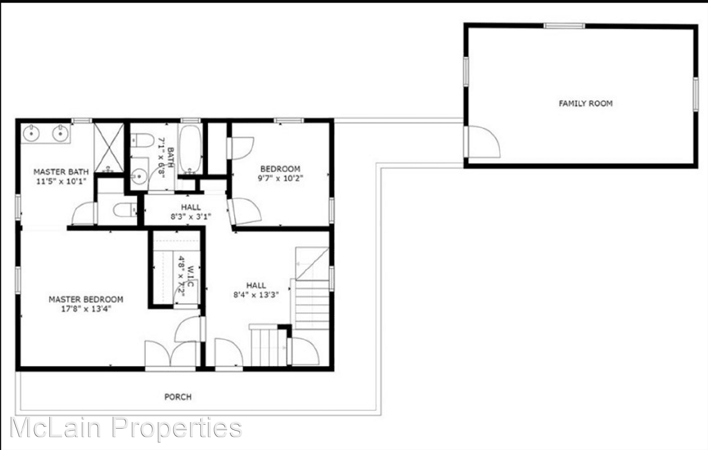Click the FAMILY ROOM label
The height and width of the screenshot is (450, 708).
(x=585, y=104)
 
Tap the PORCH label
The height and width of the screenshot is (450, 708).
(x=178, y=397)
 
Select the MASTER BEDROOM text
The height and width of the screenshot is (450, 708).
(x=86, y=299)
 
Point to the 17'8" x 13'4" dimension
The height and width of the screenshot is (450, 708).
(x=86, y=309)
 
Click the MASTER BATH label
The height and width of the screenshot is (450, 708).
(x=61, y=171)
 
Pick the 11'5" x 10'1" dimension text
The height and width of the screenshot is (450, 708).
(x=61, y=181)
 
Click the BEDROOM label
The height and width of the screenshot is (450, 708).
(x=280, y=169)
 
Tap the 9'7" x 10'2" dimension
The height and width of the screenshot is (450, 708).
(x=280, y=178)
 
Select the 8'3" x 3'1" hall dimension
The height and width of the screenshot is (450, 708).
(x=191, y=217)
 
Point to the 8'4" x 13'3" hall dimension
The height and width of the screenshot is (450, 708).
(x=256, y=295)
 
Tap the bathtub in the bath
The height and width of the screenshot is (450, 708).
(x=191, y=149)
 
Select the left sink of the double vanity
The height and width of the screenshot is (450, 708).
(x=31, y=132)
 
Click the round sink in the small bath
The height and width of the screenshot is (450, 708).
(x=139, y=176)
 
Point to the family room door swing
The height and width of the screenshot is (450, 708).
(x=484, y=141)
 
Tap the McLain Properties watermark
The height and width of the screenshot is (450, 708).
(x=126, y=428)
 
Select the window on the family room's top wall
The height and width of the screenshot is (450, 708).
(x=564, y=26)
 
